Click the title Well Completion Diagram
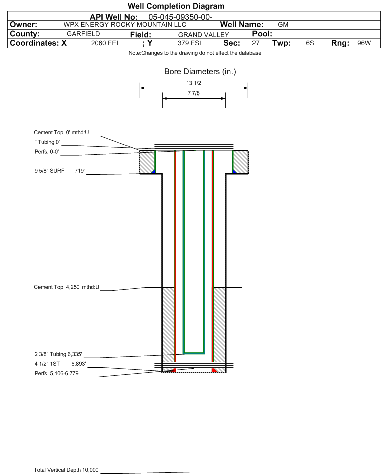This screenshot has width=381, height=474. tap(176, 6)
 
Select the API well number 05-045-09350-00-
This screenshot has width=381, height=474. tap(180, 17)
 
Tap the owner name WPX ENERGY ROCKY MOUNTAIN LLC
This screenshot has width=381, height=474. tap(124, 25)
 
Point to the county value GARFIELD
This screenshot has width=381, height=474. tap(83, 34)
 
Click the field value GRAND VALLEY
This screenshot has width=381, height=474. tap(203, 35)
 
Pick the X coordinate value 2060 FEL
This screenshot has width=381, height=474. tap(105, 43)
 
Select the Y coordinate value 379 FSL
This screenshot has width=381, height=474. tap(190, 43)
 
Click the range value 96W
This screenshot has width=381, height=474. tap(364, 43)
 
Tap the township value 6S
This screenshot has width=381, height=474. tap(310, 43)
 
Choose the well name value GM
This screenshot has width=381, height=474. tap(283, 25)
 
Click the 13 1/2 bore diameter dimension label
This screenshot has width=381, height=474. tap(194, 83)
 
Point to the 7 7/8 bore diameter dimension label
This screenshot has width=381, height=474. tap(194, 93)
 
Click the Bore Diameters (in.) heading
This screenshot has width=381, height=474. tap(200, 72)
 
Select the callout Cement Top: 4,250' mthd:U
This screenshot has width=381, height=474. tap(66, 287)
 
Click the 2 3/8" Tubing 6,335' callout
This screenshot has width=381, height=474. tap(58, 354)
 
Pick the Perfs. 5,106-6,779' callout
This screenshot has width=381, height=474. tap(57, 373)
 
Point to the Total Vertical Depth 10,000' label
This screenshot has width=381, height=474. tap(67, 470)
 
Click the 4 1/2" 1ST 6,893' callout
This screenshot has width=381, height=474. tap(60, 363)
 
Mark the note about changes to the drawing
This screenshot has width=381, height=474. tap(195, 53)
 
